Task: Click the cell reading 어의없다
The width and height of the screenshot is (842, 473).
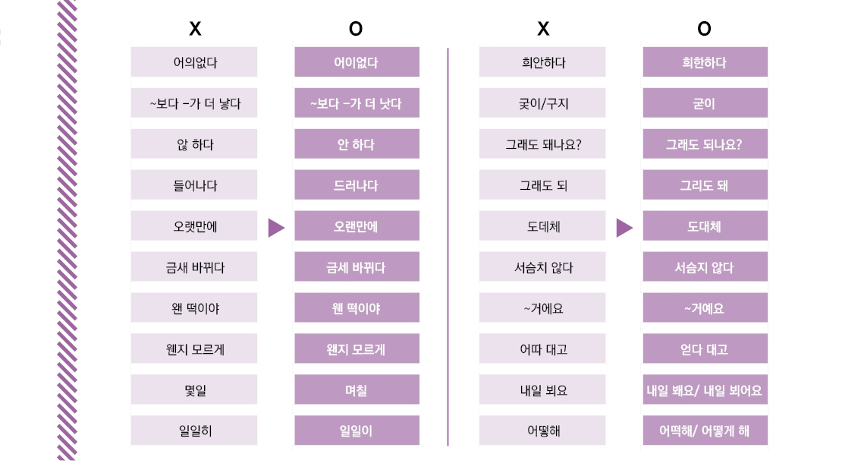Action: [194, 61]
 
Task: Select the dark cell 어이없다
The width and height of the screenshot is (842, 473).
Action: [357, 61]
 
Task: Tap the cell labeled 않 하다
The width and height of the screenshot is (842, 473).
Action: [194, 144]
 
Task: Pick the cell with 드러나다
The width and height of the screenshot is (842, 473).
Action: [357, 185]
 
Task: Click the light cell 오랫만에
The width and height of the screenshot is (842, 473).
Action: [194, 225]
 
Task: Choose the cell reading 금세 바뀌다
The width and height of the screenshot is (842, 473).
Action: [357, 266]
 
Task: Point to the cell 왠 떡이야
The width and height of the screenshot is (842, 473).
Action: [194, 307]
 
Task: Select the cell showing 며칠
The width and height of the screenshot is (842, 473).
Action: [357, 389]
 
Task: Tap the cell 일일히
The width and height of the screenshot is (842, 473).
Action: [194, 430]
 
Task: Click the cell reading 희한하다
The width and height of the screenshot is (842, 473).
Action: [705, 61]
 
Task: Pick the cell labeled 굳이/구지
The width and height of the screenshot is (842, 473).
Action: [542, 102]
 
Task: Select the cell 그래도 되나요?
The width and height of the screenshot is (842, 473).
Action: [705, 144]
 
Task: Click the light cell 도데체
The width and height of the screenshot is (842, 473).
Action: [542, 225]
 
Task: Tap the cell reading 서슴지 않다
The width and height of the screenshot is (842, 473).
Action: [705, 266]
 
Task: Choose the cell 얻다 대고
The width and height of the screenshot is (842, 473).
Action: [705, 348]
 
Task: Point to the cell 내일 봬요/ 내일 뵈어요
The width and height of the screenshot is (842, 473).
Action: [705, 389]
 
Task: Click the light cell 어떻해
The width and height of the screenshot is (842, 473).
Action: [542, 430]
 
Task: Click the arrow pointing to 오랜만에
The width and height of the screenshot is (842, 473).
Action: [275, 227]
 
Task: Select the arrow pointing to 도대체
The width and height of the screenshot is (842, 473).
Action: [624, 227]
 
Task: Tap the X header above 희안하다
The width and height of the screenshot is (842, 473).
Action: [543, 29]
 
